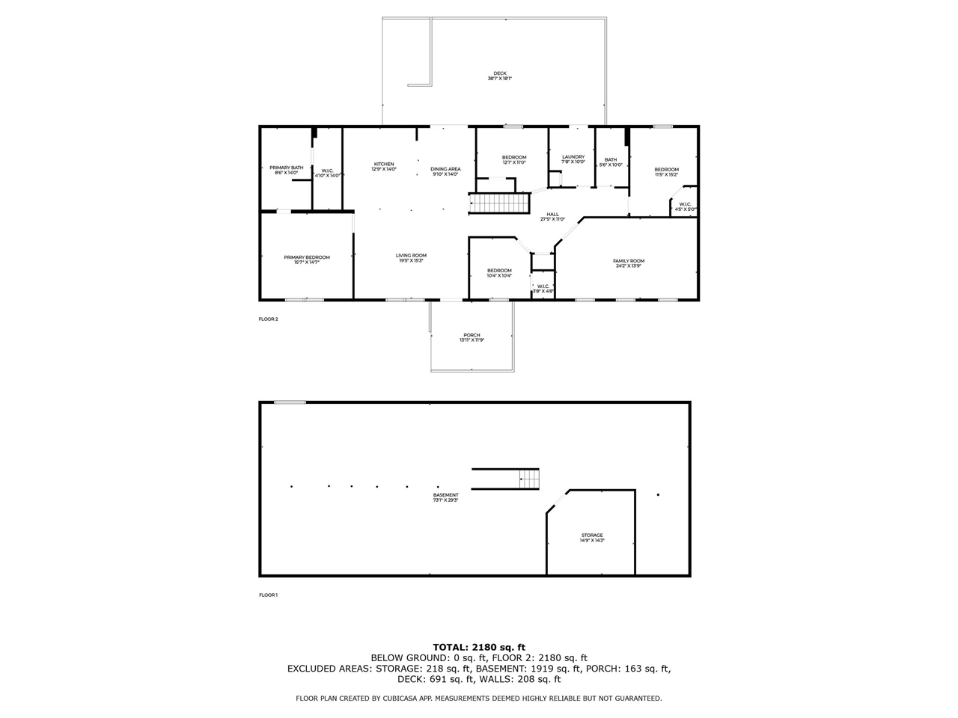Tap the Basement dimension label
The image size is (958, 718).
[445, 500]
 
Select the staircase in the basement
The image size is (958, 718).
[529, 478]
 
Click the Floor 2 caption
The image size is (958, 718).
[268, 319]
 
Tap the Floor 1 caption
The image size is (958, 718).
[268, 595]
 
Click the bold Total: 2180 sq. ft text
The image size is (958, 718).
[479, 647]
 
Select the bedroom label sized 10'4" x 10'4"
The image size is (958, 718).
[499, 272]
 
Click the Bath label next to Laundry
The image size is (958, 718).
[611, 162]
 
